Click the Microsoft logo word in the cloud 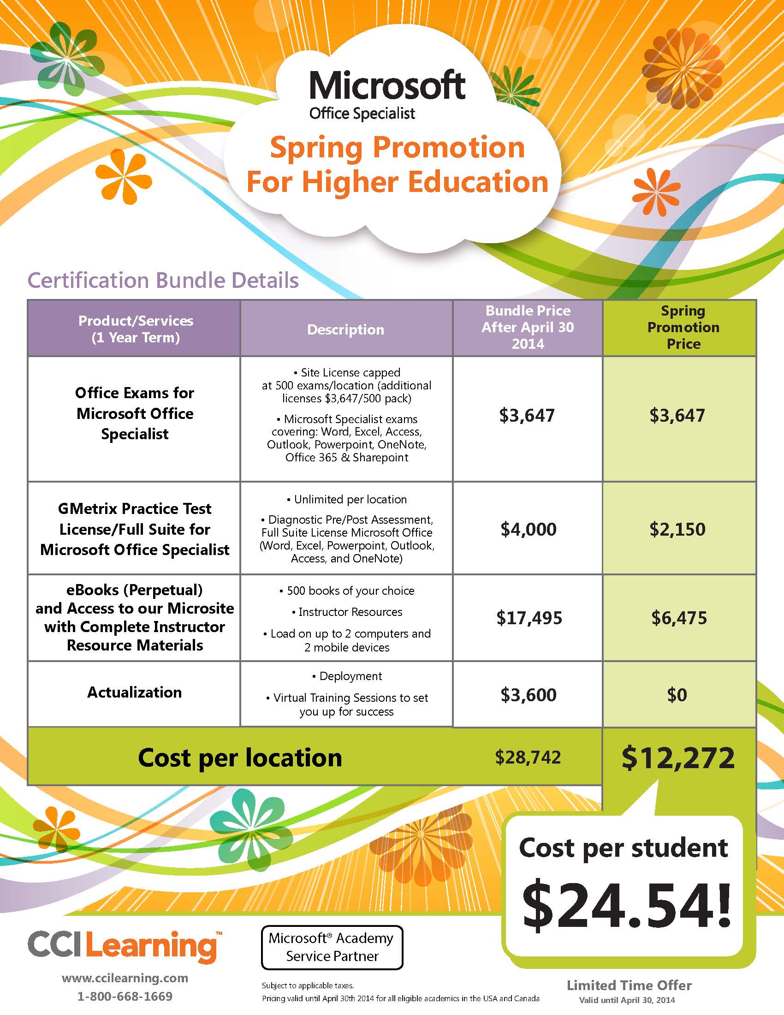(x=387, y=86)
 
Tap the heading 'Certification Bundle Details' (x=163, y=281)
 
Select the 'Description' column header (x=345, y=329)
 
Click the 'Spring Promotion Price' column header (x=683, y=327)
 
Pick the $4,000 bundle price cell (x=528, y=529)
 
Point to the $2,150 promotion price (x=677, y=529)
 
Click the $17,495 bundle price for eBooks (x=529, y=618)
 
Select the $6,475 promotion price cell (x=678, y=618)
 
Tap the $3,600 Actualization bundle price (x=528, y=695)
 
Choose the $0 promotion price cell (x=677, y=695)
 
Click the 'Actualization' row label (x=134, y=693)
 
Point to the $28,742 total (x=528, y=757)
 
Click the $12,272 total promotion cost (x=677, y=758)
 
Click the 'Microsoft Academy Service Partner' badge (x=332, y=947)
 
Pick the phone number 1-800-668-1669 (x=125, y=997)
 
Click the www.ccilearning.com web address (x=125, y=978)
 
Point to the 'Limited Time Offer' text (x=629, y=985)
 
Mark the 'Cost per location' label (x=240, y=758)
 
